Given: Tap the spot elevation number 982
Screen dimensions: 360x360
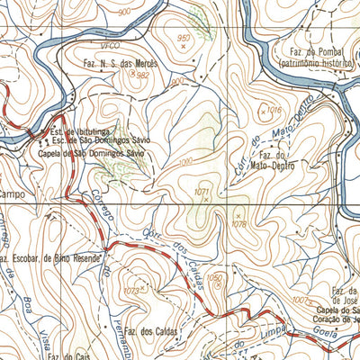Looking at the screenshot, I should click(x=142, y=76).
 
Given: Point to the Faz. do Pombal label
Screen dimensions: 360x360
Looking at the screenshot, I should click(x=315, y=54).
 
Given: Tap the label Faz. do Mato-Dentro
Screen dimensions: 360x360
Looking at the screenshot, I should click(x=268, y=161).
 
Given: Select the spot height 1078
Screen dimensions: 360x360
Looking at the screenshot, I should click(x=238, y=222).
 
